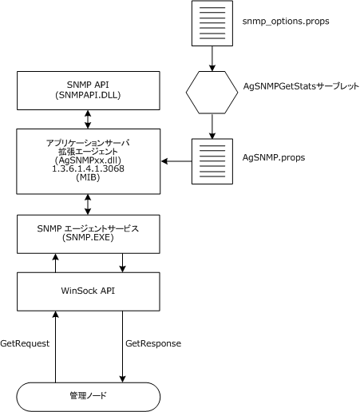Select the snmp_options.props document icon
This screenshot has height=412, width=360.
211,23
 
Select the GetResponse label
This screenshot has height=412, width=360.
153,343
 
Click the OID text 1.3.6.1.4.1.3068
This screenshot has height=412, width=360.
89,168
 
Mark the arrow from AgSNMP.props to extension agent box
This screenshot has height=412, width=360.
176,162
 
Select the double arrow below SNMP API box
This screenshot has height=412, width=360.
89,118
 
